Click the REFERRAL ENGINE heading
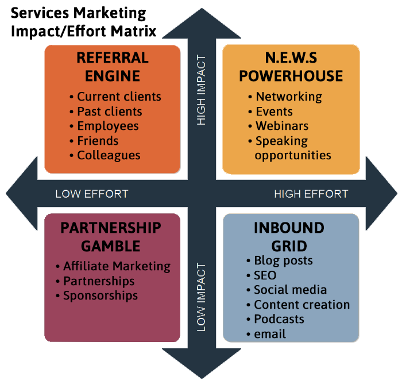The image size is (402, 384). click(x=113, y=67)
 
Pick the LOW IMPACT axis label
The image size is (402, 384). click(x=201, y=297)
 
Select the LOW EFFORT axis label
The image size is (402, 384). click(x=91, y=194)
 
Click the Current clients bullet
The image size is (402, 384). click(x=119, y=97)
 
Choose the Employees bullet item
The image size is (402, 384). click(x=108, y=126)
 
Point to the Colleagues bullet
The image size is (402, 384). click(x=109, y=155)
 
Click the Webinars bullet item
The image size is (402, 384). click(x=282, y=126)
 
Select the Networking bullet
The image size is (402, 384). click(x=289, y=97)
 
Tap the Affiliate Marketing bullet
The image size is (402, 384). click(x=117, y=266)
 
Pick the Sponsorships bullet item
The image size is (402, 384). click(x=100, y=295)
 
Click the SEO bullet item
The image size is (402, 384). click(x=265, y=275)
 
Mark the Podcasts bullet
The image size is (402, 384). click(x=279, y=319)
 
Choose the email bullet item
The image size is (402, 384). click(x=269, y=334)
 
